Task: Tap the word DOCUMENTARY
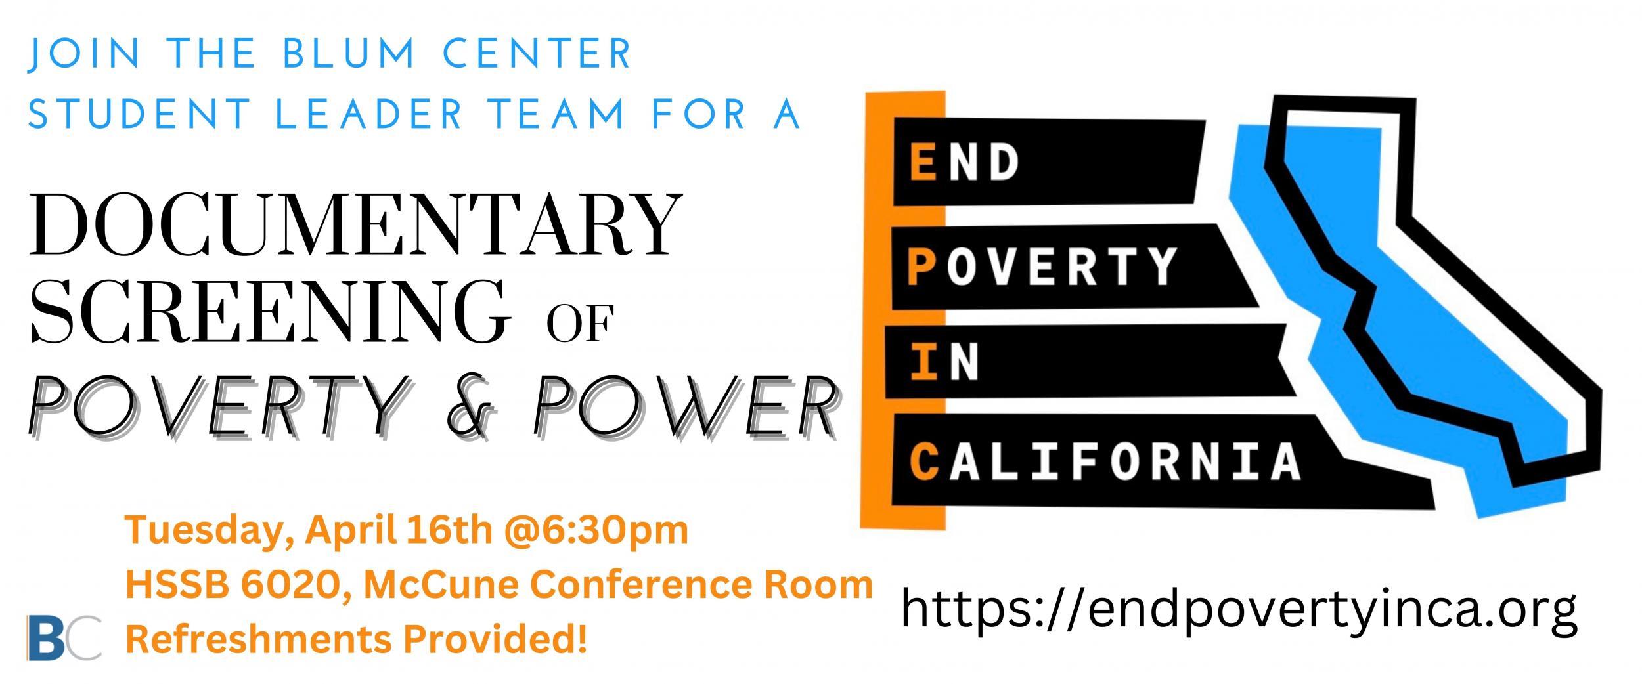tap(355, 224)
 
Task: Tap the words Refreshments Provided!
tap(355, 639)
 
